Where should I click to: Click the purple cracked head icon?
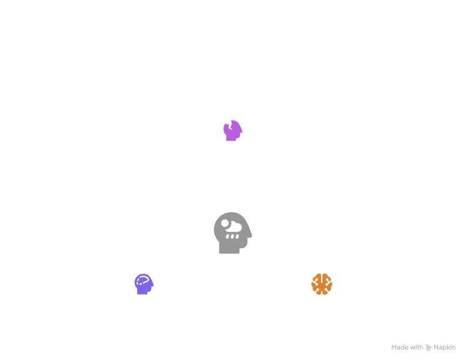tap(233, 130)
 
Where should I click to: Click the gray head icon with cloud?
tap(233, 234)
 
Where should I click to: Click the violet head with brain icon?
tap(144, 285)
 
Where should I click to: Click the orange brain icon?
tap(322, 284)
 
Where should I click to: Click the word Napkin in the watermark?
tap(445, 347)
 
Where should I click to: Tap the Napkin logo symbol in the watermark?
tap(429, 347)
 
